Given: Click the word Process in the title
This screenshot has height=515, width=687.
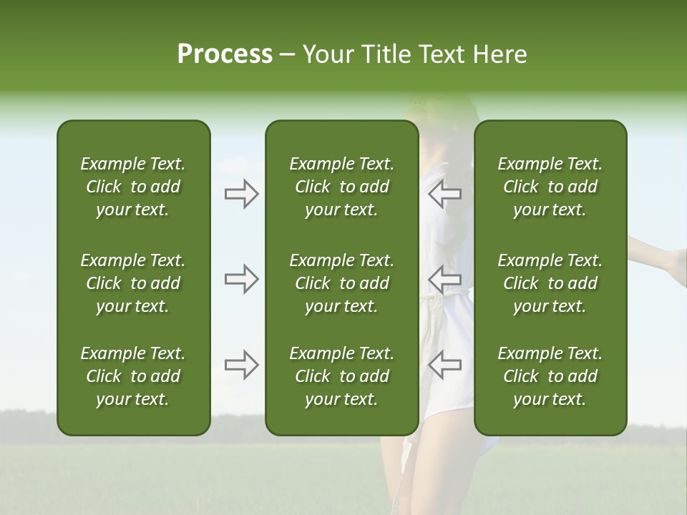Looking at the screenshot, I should coord(225,54).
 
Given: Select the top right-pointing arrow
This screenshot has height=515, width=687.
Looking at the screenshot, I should coord(242,194).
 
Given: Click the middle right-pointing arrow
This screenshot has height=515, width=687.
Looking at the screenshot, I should coord(242,279).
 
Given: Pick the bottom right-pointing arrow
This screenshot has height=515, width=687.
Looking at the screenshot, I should coord(242,365).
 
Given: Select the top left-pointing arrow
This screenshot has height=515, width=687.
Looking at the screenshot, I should coord(444,194).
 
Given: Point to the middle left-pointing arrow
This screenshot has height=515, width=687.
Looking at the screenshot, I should coord(444,279).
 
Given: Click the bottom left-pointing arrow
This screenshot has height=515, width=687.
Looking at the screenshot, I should coord(444,365).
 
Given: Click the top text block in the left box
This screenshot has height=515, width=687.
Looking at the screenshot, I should coord(133,187).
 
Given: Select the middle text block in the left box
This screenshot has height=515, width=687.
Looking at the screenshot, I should coord(133,283).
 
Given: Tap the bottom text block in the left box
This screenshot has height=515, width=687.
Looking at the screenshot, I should coord(133,376).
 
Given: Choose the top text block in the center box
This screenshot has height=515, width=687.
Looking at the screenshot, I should coord(342,187).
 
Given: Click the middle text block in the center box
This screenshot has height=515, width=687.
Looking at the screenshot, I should coord(342,283).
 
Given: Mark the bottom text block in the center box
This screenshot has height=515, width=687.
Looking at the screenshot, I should coord(342,376).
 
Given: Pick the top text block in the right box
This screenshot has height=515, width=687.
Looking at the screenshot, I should coord(550,187).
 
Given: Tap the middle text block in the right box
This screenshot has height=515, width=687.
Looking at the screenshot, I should coord(550,283).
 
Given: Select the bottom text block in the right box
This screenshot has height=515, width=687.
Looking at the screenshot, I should coord(550,376).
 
